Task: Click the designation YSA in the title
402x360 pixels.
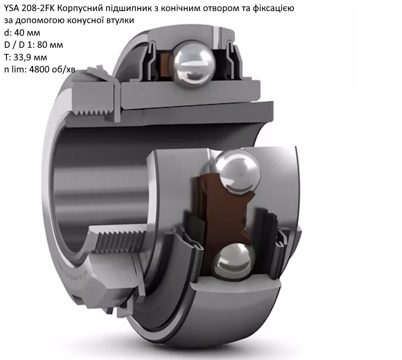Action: tap(12, 8)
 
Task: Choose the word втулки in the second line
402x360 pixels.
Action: tap(120, 21)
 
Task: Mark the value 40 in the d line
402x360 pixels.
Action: tap(19, 33)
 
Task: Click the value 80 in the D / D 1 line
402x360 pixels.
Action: tap(42, 45)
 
